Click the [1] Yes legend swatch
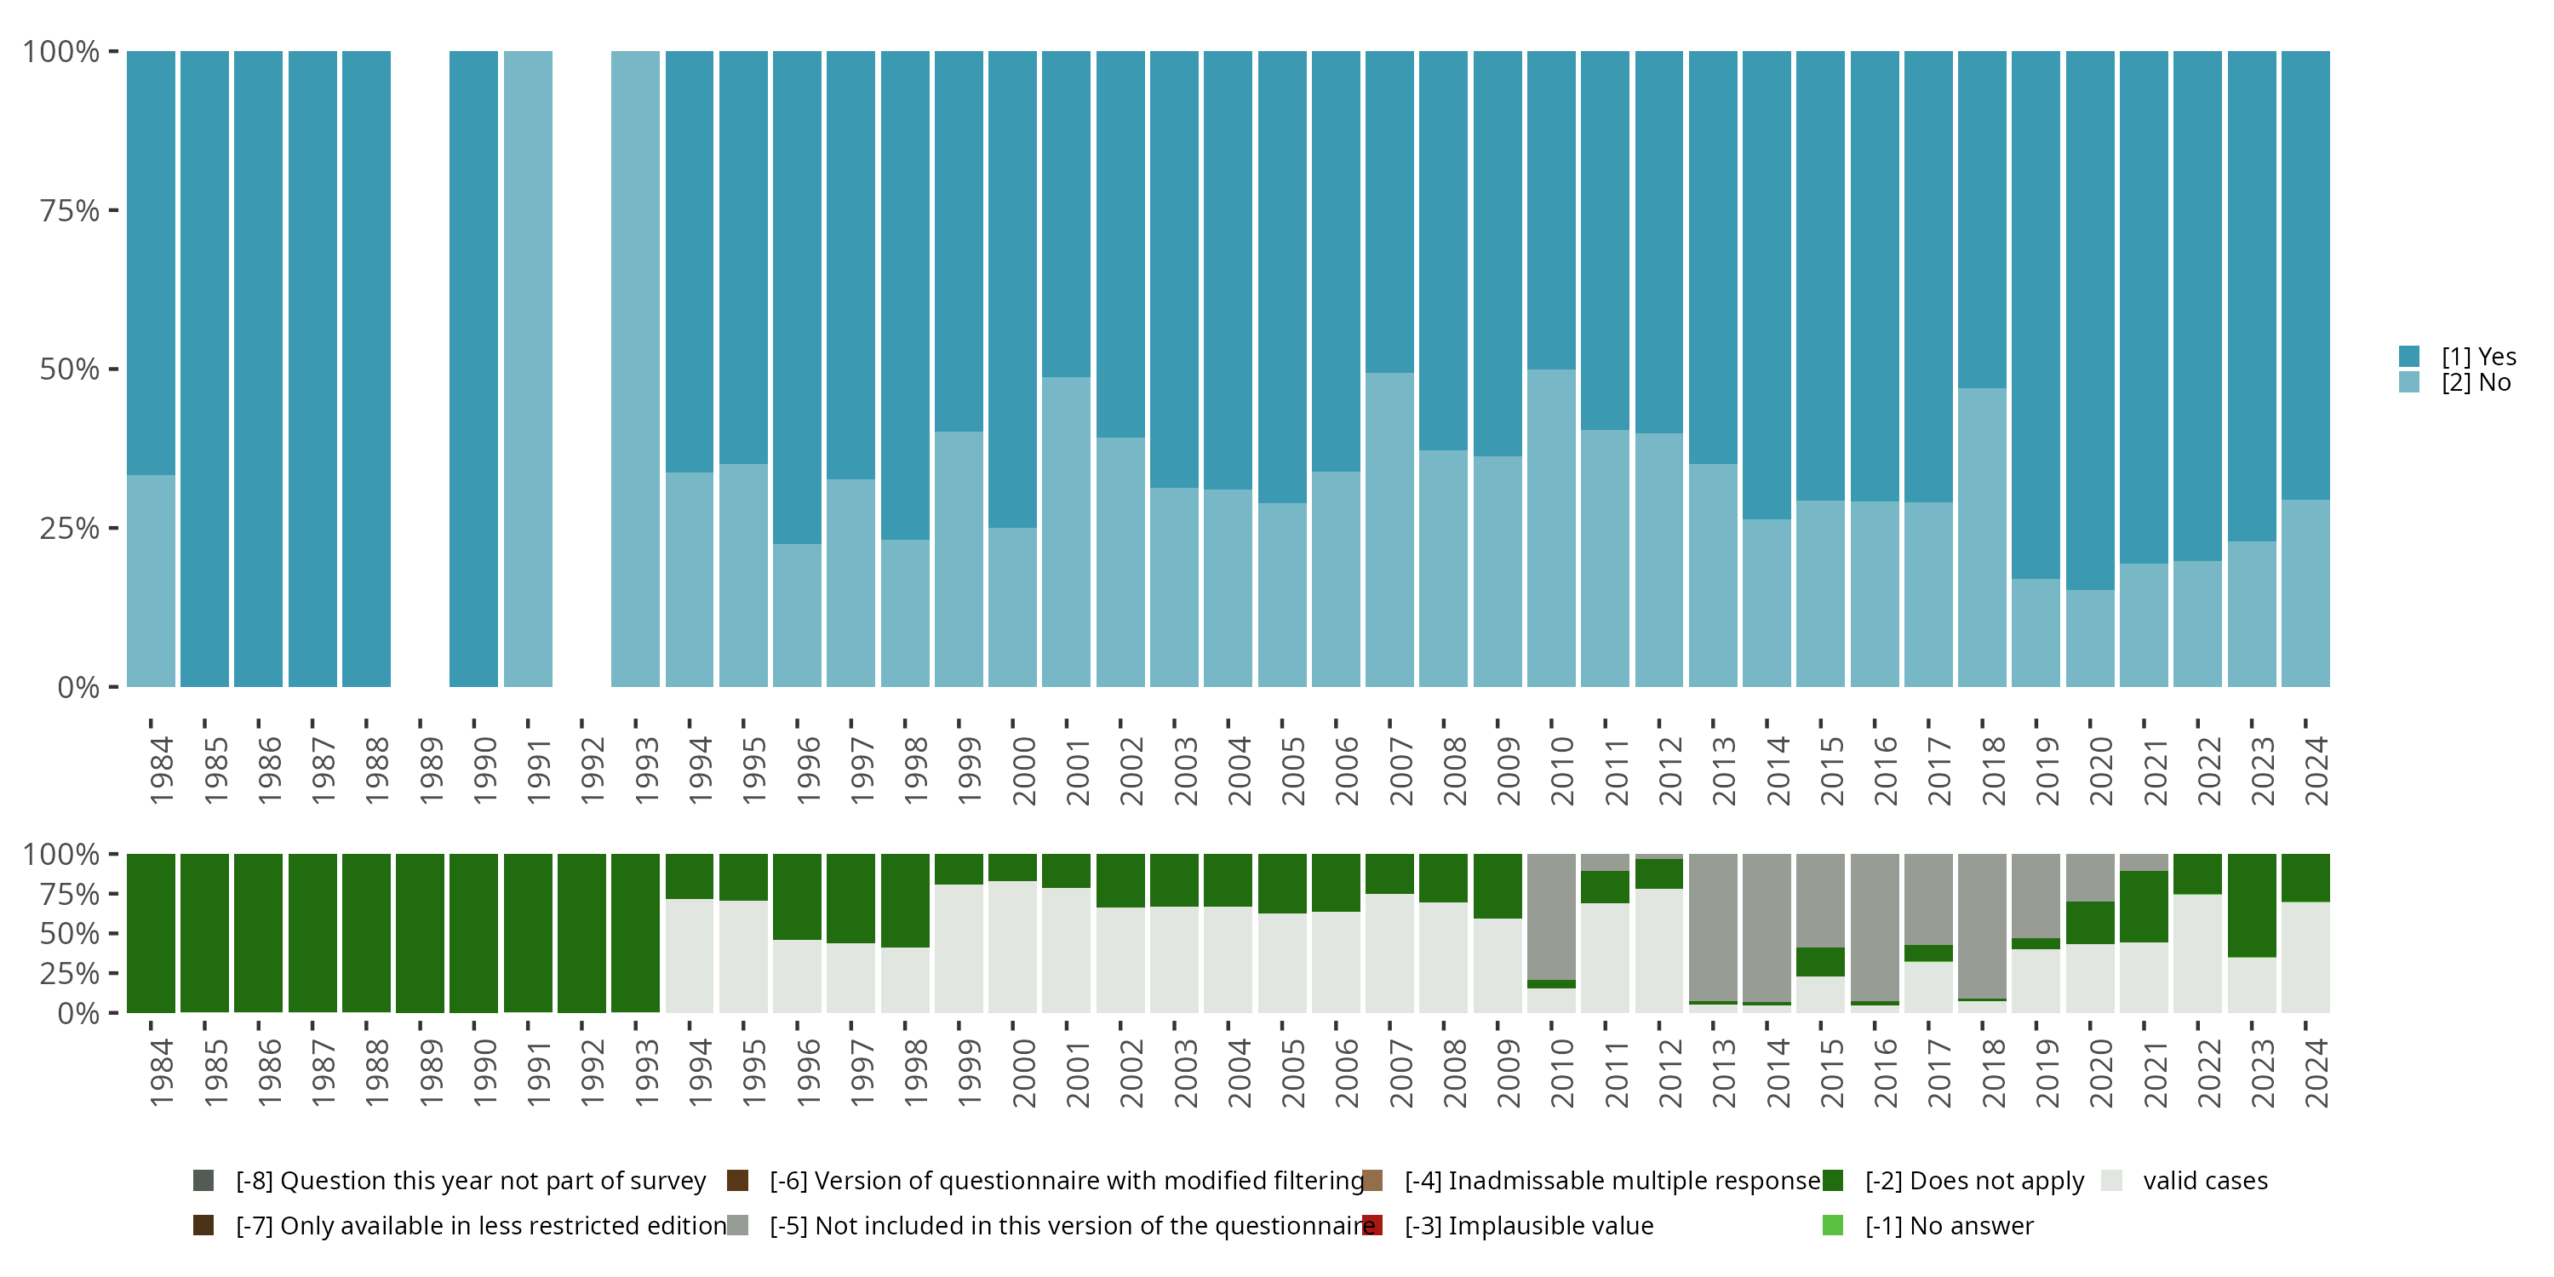[2409, 357]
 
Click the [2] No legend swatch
[2409, 381]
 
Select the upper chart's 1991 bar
[528, 369]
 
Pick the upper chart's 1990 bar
[474, 369]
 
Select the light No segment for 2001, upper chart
[1066, 531]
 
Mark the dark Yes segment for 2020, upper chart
[2090, 320]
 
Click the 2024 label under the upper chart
[2316, 770]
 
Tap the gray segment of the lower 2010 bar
[1550, 916]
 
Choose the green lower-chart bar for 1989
[421, 933]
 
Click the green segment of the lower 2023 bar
[2252, 905]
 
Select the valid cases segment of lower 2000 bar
[1012, 947]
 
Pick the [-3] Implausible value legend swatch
[1372, 1225]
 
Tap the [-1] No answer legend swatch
[1832, 1225]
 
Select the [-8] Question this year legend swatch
[203, 1181]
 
